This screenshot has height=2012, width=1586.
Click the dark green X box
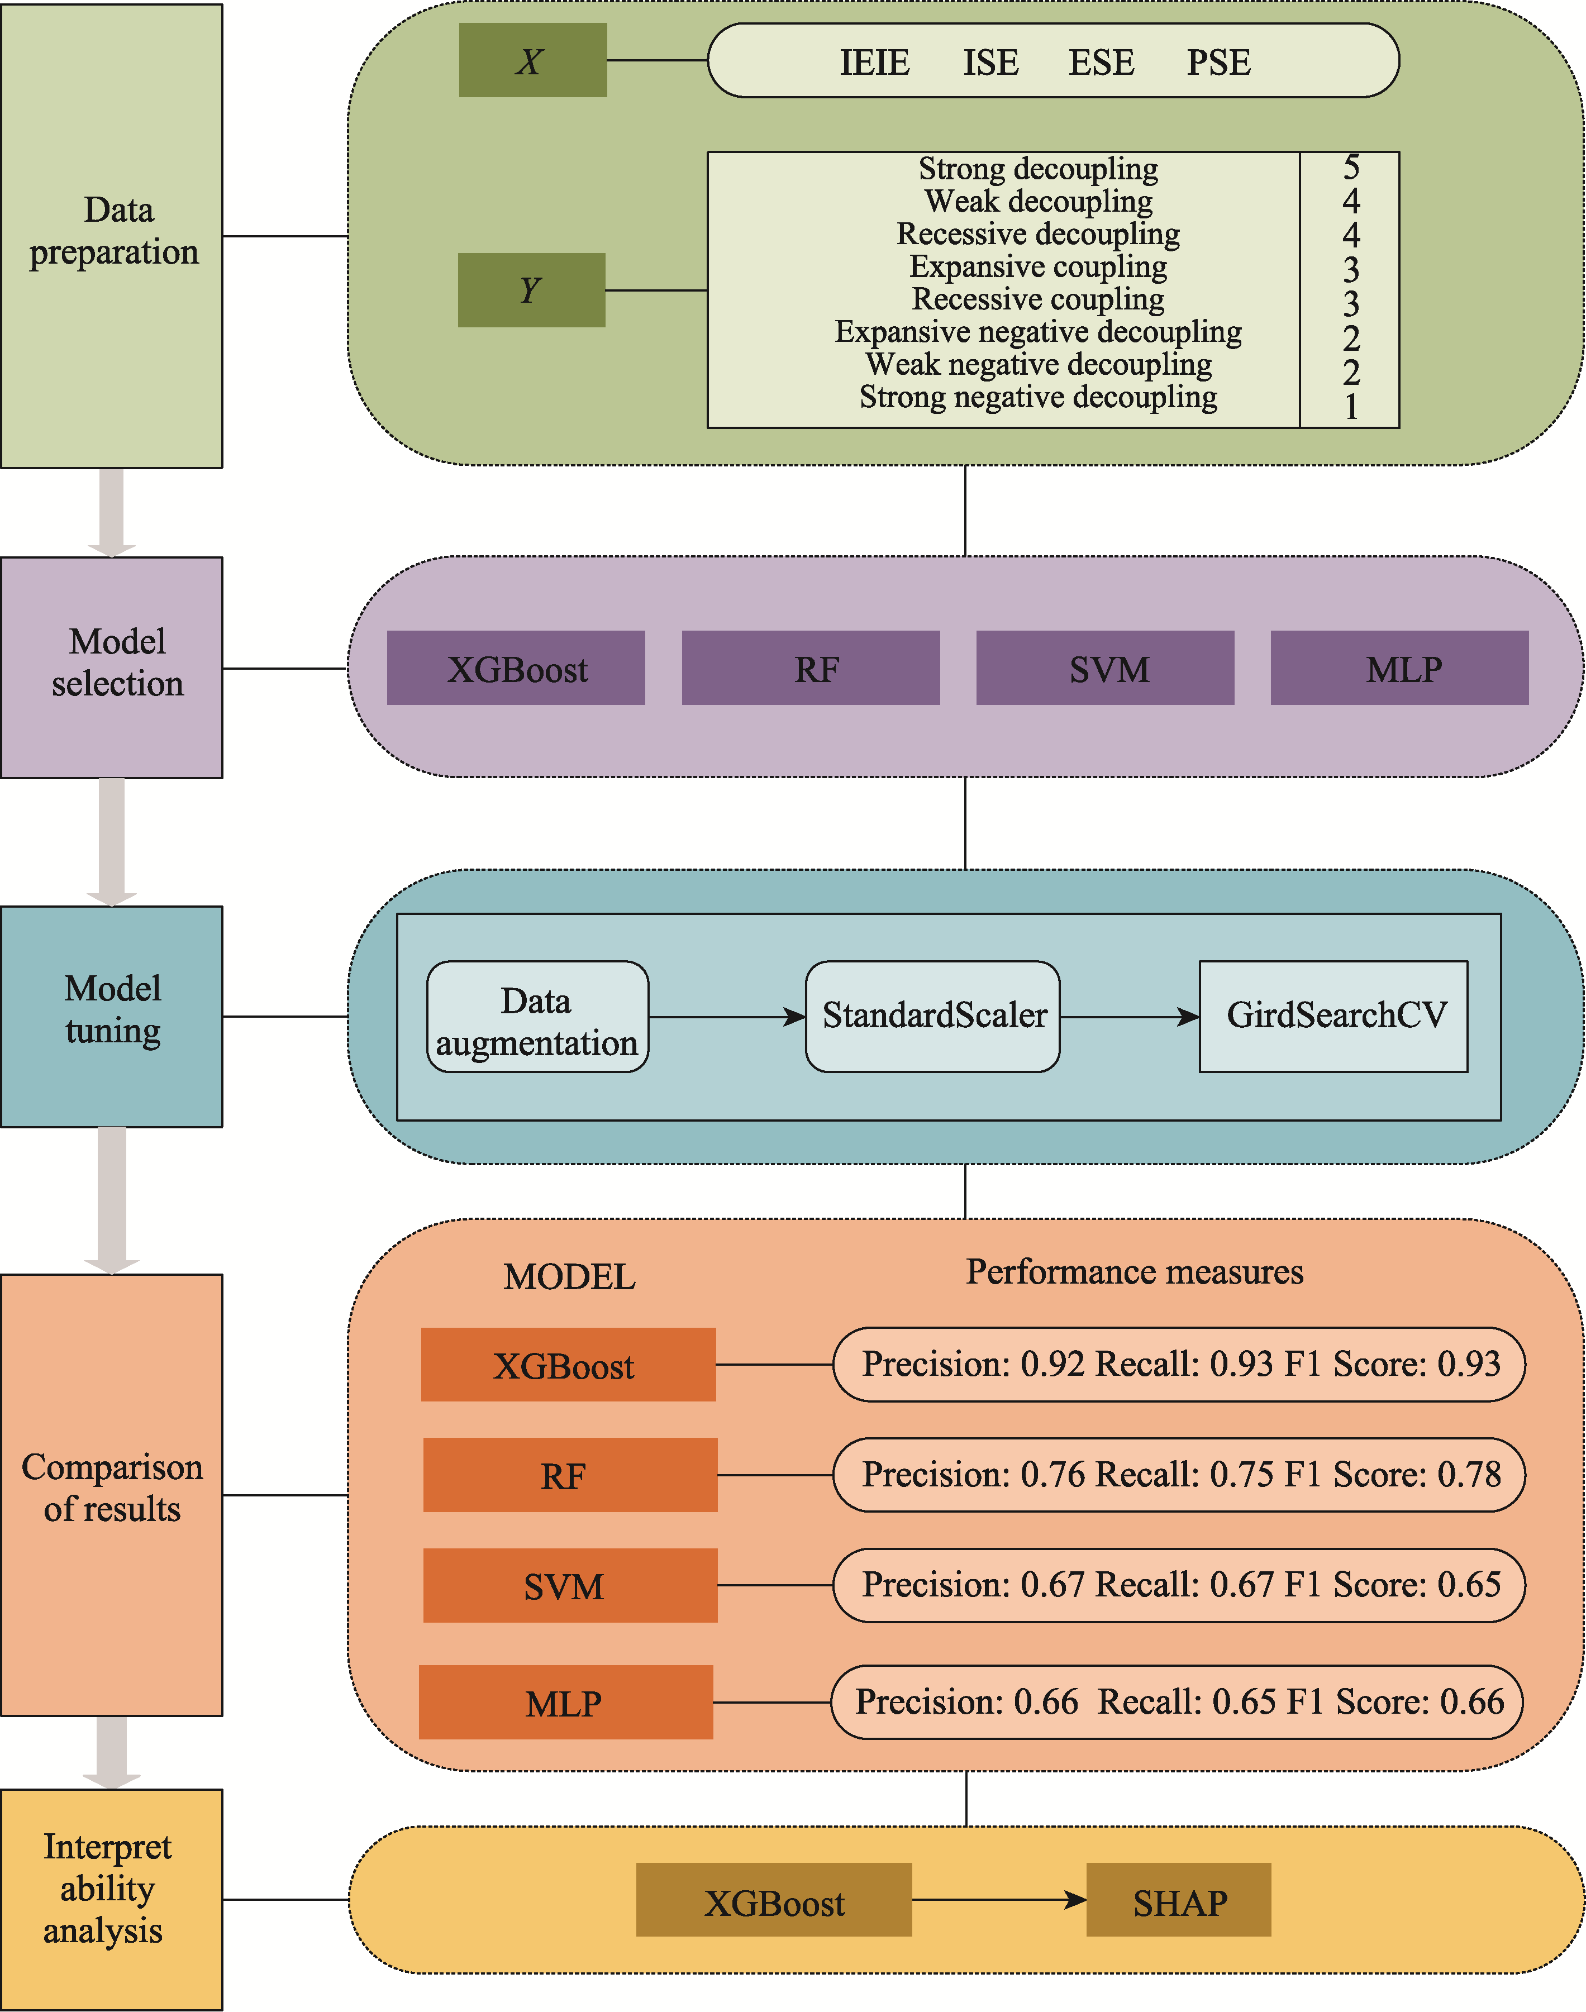point(532,60)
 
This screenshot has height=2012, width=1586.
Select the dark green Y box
point(531,290)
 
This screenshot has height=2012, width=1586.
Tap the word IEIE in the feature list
point(874,62)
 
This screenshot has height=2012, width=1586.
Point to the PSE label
point(1218,62)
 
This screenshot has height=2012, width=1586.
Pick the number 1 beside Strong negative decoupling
point(1351,406)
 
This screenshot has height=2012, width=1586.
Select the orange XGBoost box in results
point(568,1364)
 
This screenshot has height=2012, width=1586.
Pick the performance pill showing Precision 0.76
point(1179,1475)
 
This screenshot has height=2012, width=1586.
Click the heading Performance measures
point(1134,1271)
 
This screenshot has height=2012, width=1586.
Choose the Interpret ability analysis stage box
point(111,1899)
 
